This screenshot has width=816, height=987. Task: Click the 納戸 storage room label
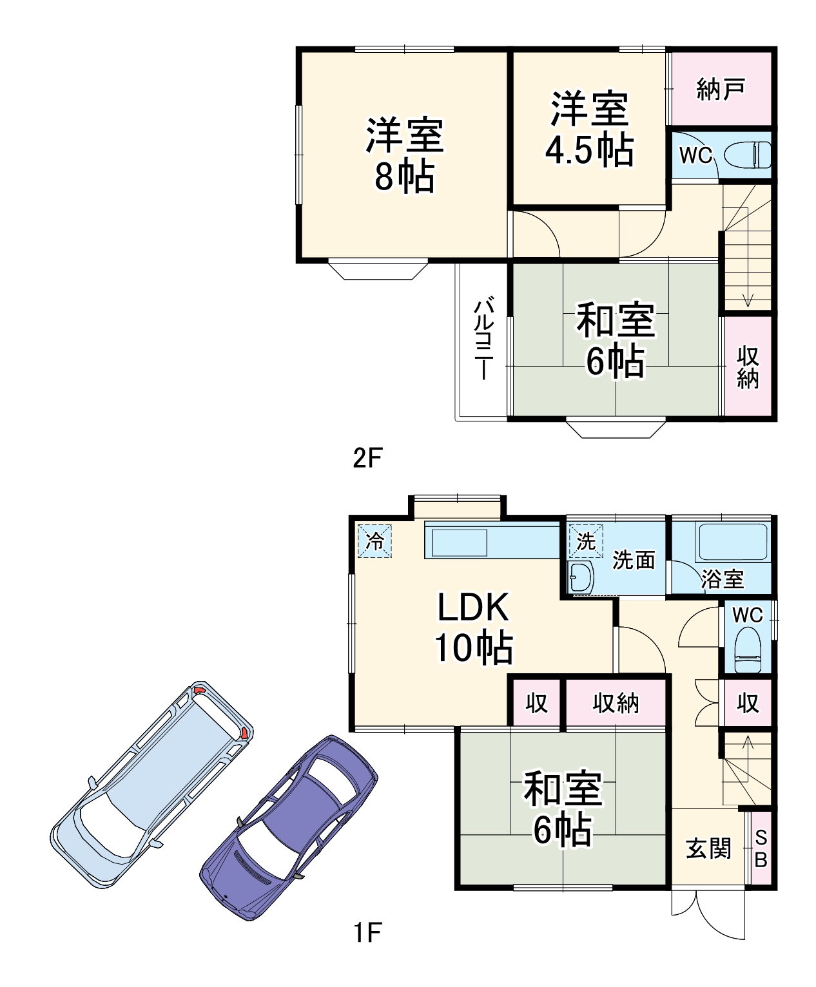721,90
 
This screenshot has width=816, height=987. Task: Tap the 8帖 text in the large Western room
404,175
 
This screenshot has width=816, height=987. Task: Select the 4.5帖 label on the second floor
589,149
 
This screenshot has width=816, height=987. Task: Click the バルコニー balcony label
483,338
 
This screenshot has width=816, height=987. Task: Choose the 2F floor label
367,457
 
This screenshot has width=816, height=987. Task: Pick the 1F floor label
367,933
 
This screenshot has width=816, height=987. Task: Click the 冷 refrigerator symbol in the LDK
374,541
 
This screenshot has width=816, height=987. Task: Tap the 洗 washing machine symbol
586,541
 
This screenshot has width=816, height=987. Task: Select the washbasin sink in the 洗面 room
581,578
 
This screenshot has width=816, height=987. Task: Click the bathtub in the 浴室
733,542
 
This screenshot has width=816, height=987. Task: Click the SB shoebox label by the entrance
761,849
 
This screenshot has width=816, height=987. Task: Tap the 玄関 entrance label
708,848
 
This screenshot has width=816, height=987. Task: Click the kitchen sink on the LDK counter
460,542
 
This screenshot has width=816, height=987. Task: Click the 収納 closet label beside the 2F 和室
748,367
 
